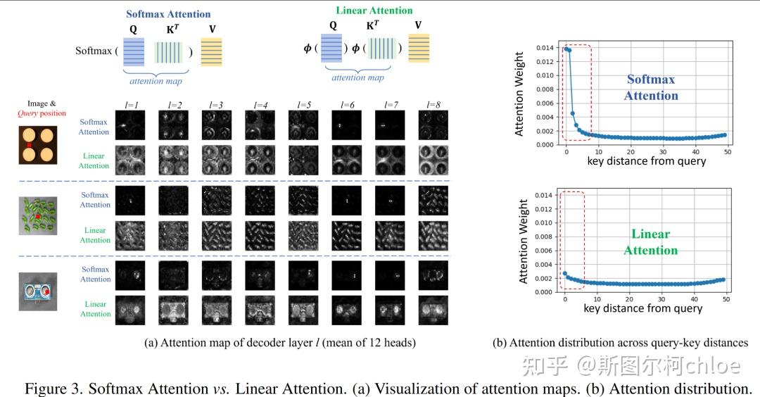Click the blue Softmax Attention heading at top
(168, 14)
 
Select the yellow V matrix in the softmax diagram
(211, 52)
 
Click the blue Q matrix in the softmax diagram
(134, 52)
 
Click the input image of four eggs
(37, 146)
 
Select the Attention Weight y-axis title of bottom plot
(522, 244)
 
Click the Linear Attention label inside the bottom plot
(651, 242)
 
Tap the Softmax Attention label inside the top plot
(651, 88)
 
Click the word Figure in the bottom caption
(46, 388)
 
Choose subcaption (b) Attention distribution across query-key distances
(620, 343)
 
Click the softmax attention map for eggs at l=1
(131, 127)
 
